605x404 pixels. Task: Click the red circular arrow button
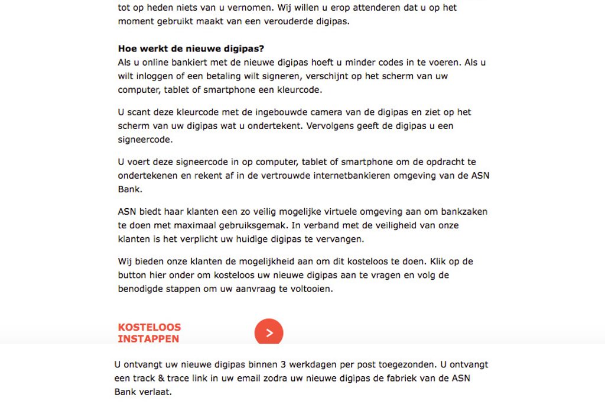[269, 333]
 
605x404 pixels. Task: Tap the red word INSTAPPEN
[148, 339]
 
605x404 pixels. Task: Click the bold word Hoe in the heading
[128, 49]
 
